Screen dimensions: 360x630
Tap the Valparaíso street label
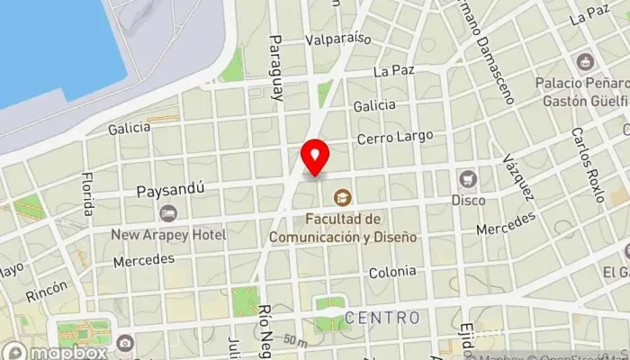pos(338,39)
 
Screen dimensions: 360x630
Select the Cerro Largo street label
pos(394,139)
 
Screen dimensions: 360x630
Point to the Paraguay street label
pos(276,67)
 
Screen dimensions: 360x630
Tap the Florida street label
pos(87,193)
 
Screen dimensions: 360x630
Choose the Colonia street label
pos(392,271)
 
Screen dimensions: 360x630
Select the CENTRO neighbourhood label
pos(382,318)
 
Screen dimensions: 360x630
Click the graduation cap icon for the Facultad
pos(342,196)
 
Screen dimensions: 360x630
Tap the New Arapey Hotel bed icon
pos(168,213)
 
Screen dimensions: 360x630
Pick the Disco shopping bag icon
pos(467,178)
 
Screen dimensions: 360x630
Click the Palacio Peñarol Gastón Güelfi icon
pos(585,62)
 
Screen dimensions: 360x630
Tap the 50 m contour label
pos(293,340)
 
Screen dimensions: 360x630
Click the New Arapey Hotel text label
pos(168,234)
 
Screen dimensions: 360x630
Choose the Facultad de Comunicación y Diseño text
pos(342,229)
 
